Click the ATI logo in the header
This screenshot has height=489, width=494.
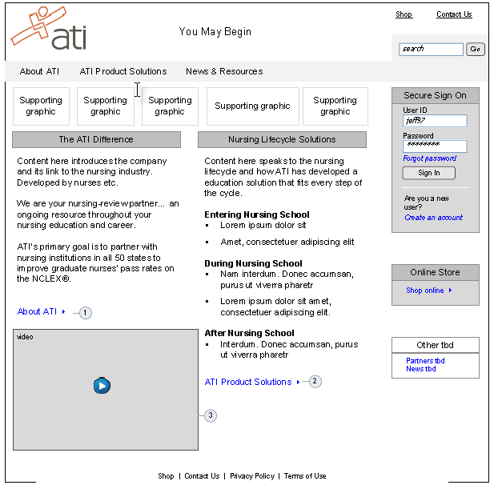48,30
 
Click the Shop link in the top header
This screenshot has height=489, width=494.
404,14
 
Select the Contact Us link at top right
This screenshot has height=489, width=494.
454,14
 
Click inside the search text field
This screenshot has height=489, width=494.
431,50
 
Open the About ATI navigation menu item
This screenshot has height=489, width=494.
39,71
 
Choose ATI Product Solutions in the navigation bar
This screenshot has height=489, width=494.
123,71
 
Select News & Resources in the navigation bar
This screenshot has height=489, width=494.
224,71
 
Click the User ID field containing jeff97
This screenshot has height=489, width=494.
435,121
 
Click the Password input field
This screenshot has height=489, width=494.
435,146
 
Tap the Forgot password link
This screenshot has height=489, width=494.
429,158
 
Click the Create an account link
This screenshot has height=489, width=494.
433,218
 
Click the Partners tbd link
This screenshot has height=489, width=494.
425,361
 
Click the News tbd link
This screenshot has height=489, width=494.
420,369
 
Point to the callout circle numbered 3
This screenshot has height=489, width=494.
211,415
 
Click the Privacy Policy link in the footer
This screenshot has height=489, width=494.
251,476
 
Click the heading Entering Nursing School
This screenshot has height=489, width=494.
256,214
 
